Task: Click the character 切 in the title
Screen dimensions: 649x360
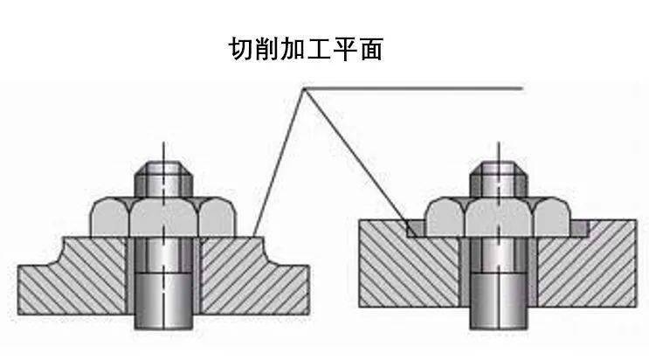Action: [241, 49]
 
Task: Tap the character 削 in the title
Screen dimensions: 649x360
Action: [267, 49]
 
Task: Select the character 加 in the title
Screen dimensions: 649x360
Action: [293, 49]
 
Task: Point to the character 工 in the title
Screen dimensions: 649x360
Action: [319, 49]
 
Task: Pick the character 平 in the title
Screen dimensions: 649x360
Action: [345, 49]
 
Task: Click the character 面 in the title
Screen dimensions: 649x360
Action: [371, 49]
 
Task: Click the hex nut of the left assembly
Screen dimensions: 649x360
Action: [163, 217]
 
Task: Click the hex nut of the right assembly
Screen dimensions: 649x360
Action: [499, 217]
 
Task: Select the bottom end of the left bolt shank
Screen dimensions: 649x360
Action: [163, 329]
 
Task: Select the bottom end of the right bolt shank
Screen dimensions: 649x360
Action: [499, 329]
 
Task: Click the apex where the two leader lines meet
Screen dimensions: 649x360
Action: [304, 88]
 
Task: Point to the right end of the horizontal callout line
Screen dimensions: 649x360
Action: [523, 88]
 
